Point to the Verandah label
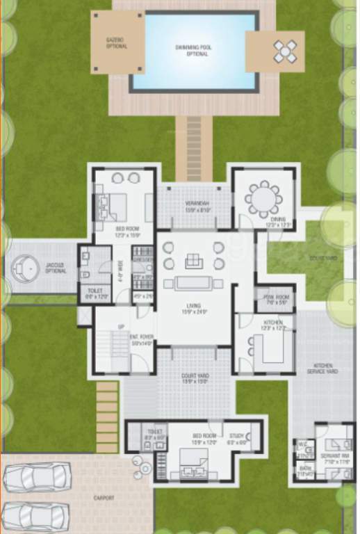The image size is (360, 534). click(197, 207)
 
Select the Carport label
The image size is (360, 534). click(104, 498)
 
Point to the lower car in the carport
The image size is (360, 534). click(35, 516)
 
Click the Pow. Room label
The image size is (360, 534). click(274, 300)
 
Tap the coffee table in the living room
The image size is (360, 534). click(193, 283)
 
